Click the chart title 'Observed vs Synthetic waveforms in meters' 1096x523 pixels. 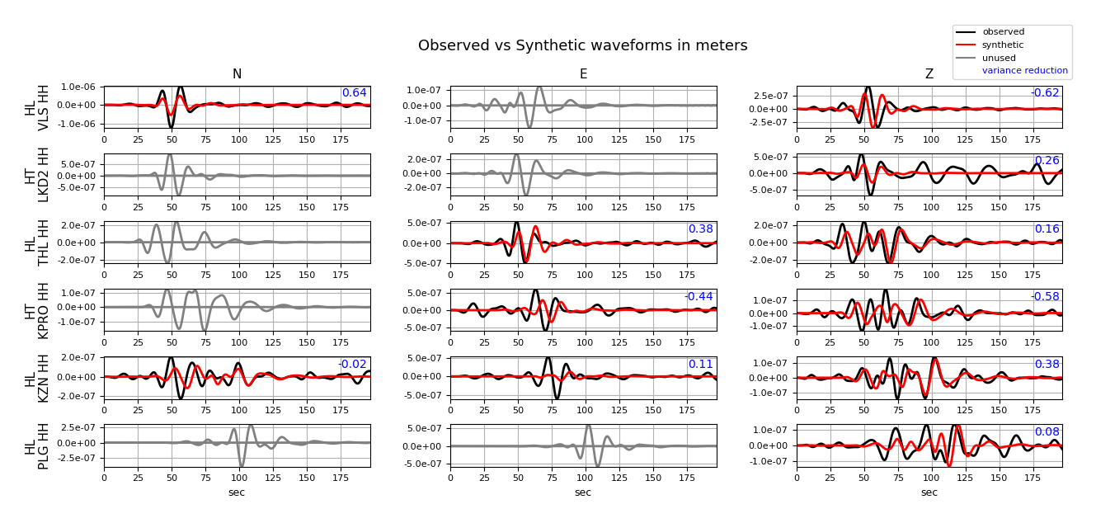click(582, 46)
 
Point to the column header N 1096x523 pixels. click(237, 74)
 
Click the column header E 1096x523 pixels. click(583, 74)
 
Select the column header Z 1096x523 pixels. click(929, 74)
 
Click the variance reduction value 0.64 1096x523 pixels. click(354, 93)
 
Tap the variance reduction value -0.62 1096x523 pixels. click(1045, 93)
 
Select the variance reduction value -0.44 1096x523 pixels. click(699, 297)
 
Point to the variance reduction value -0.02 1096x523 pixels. click(352, 365)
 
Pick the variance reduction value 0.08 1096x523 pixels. click(1047, 432)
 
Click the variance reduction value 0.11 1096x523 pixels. click(700, 365)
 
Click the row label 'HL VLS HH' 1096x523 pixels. click(37, 107)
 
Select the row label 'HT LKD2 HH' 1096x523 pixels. click(37, 175)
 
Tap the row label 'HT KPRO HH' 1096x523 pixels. click(37, 310)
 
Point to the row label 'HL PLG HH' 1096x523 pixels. click(37, 445)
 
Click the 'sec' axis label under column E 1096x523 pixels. click(583, 492)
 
